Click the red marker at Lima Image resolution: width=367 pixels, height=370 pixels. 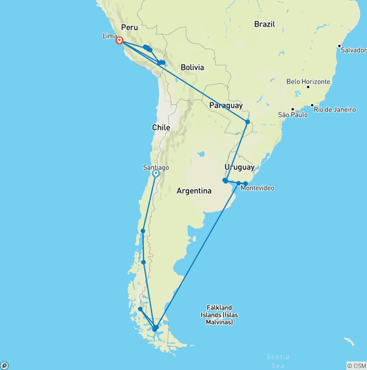point(119,41)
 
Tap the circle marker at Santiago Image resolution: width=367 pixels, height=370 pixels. point(155,174)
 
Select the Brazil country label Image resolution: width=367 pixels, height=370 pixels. point(264,24)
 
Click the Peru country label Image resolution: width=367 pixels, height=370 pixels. point(130,27)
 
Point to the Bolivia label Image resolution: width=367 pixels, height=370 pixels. point(192,67)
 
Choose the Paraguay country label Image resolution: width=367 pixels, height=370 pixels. point(226,105)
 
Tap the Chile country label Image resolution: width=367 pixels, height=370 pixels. point(161,127)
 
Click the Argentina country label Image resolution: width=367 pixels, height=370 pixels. point(194,191)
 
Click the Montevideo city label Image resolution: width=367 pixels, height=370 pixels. point(258,188)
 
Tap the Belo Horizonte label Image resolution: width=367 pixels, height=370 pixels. point(308,82)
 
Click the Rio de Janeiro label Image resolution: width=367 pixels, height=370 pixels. point(335,110)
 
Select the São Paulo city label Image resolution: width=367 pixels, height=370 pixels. point(293,115)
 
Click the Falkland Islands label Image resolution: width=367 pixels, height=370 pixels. point(219,315)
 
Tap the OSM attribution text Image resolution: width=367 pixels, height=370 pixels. point(356,366)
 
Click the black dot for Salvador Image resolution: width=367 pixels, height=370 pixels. point(339,46)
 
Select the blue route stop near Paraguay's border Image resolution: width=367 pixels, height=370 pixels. point(248,122)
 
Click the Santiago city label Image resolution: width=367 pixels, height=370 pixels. point(156,167)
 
